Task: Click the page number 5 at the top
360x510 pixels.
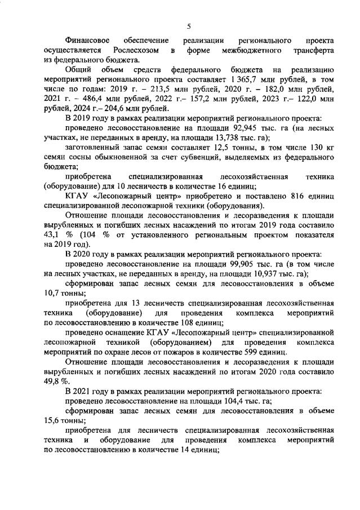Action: pyautogui.click(x=189, y=25)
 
